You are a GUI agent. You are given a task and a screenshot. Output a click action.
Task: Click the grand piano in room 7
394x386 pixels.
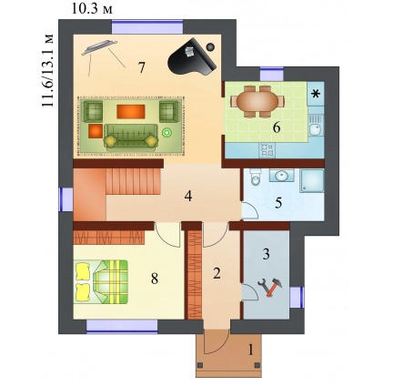(x=192, y=58)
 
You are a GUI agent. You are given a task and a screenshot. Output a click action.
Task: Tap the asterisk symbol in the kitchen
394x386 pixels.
(x=316, y=94)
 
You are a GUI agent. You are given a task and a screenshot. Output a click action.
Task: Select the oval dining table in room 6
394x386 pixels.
(x=258, y=101)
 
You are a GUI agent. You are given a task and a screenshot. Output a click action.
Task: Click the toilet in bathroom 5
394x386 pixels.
(x=256, y=177)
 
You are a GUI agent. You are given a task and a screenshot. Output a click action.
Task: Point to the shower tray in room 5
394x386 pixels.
(x=312, y=181)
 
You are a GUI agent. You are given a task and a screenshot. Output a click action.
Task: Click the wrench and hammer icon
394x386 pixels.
(x=270, y=286)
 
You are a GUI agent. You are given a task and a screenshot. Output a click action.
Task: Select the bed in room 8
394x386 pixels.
(x=101, y=282)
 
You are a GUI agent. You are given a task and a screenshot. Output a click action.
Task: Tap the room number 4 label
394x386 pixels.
(x=188, y=197)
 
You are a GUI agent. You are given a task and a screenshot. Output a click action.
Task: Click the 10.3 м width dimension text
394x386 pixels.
(x=92, y=9)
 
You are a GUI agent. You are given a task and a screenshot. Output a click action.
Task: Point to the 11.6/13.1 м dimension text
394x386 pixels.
(x=47, y=70)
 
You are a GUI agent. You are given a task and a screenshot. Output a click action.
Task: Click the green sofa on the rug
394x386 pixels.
(x=131, y=137)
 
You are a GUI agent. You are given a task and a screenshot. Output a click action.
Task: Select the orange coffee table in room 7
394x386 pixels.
(x=131, y=111)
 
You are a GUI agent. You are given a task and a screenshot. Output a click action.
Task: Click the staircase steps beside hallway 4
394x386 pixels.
(x=133, y=181)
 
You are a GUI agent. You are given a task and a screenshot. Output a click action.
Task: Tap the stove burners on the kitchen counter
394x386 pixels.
(x=267, y=150)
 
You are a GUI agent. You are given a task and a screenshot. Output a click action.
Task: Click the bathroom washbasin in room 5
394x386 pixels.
(x=281, y=175)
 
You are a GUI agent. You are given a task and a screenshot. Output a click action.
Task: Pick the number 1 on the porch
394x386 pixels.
(x=250, y=350)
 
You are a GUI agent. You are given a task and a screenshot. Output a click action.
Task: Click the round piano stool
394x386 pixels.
(x=210, y=46)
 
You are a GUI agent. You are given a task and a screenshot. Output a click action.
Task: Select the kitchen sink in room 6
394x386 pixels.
(x=317, y=126)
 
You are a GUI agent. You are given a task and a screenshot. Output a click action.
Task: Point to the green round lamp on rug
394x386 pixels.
(x=167, y=132)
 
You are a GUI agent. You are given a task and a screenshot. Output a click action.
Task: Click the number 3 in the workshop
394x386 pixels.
(x=266, y=254)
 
